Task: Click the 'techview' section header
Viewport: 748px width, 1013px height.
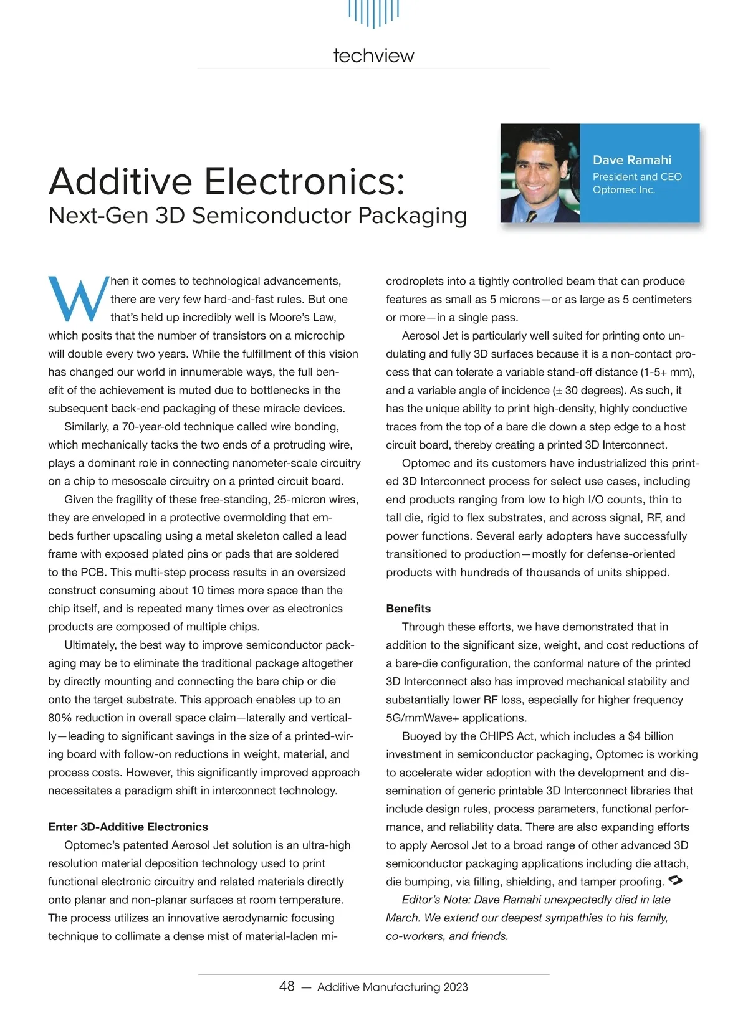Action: [373, 55]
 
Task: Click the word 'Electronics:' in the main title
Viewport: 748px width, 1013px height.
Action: [305, 181]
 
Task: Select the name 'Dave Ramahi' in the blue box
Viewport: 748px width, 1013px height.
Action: [631, 160]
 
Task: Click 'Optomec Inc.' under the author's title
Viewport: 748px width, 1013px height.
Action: [623, 190]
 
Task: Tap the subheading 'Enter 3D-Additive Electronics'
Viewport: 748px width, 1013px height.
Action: [128, 827]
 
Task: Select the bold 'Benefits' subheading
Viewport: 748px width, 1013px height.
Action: [408, 609]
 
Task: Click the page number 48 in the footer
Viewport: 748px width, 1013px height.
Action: [287, 986]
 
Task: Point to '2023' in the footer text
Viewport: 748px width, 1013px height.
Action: [456, 987]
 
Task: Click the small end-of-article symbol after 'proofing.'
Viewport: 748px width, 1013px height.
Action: [675, 880]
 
